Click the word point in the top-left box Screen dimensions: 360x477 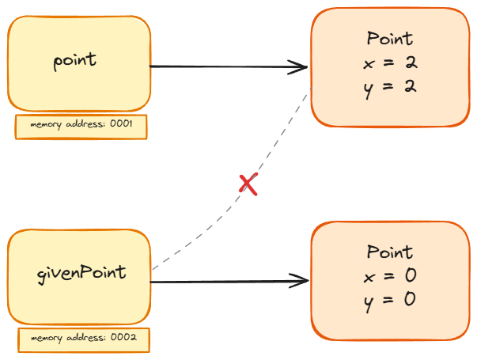(74, 60)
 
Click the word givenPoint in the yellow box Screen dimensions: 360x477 (81, 273)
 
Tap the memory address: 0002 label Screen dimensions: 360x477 (84, 339)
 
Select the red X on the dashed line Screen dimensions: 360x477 (248, 184)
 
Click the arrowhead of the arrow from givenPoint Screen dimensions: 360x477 (301, 280)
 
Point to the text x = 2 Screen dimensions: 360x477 (389, 63)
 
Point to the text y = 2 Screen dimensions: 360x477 (389, 85)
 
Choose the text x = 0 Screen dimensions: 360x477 (389, 275)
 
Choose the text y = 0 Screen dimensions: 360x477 (389, 299)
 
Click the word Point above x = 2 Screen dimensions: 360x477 (390, 39)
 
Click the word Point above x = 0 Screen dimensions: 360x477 (390, 252)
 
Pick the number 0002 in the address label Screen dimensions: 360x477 (126, 339)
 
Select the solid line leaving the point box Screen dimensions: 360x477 (221, 67)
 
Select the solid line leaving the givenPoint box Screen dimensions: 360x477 (221, 280)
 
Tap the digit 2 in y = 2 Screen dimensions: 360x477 (409, 85)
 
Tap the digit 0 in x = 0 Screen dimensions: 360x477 (409, 275)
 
